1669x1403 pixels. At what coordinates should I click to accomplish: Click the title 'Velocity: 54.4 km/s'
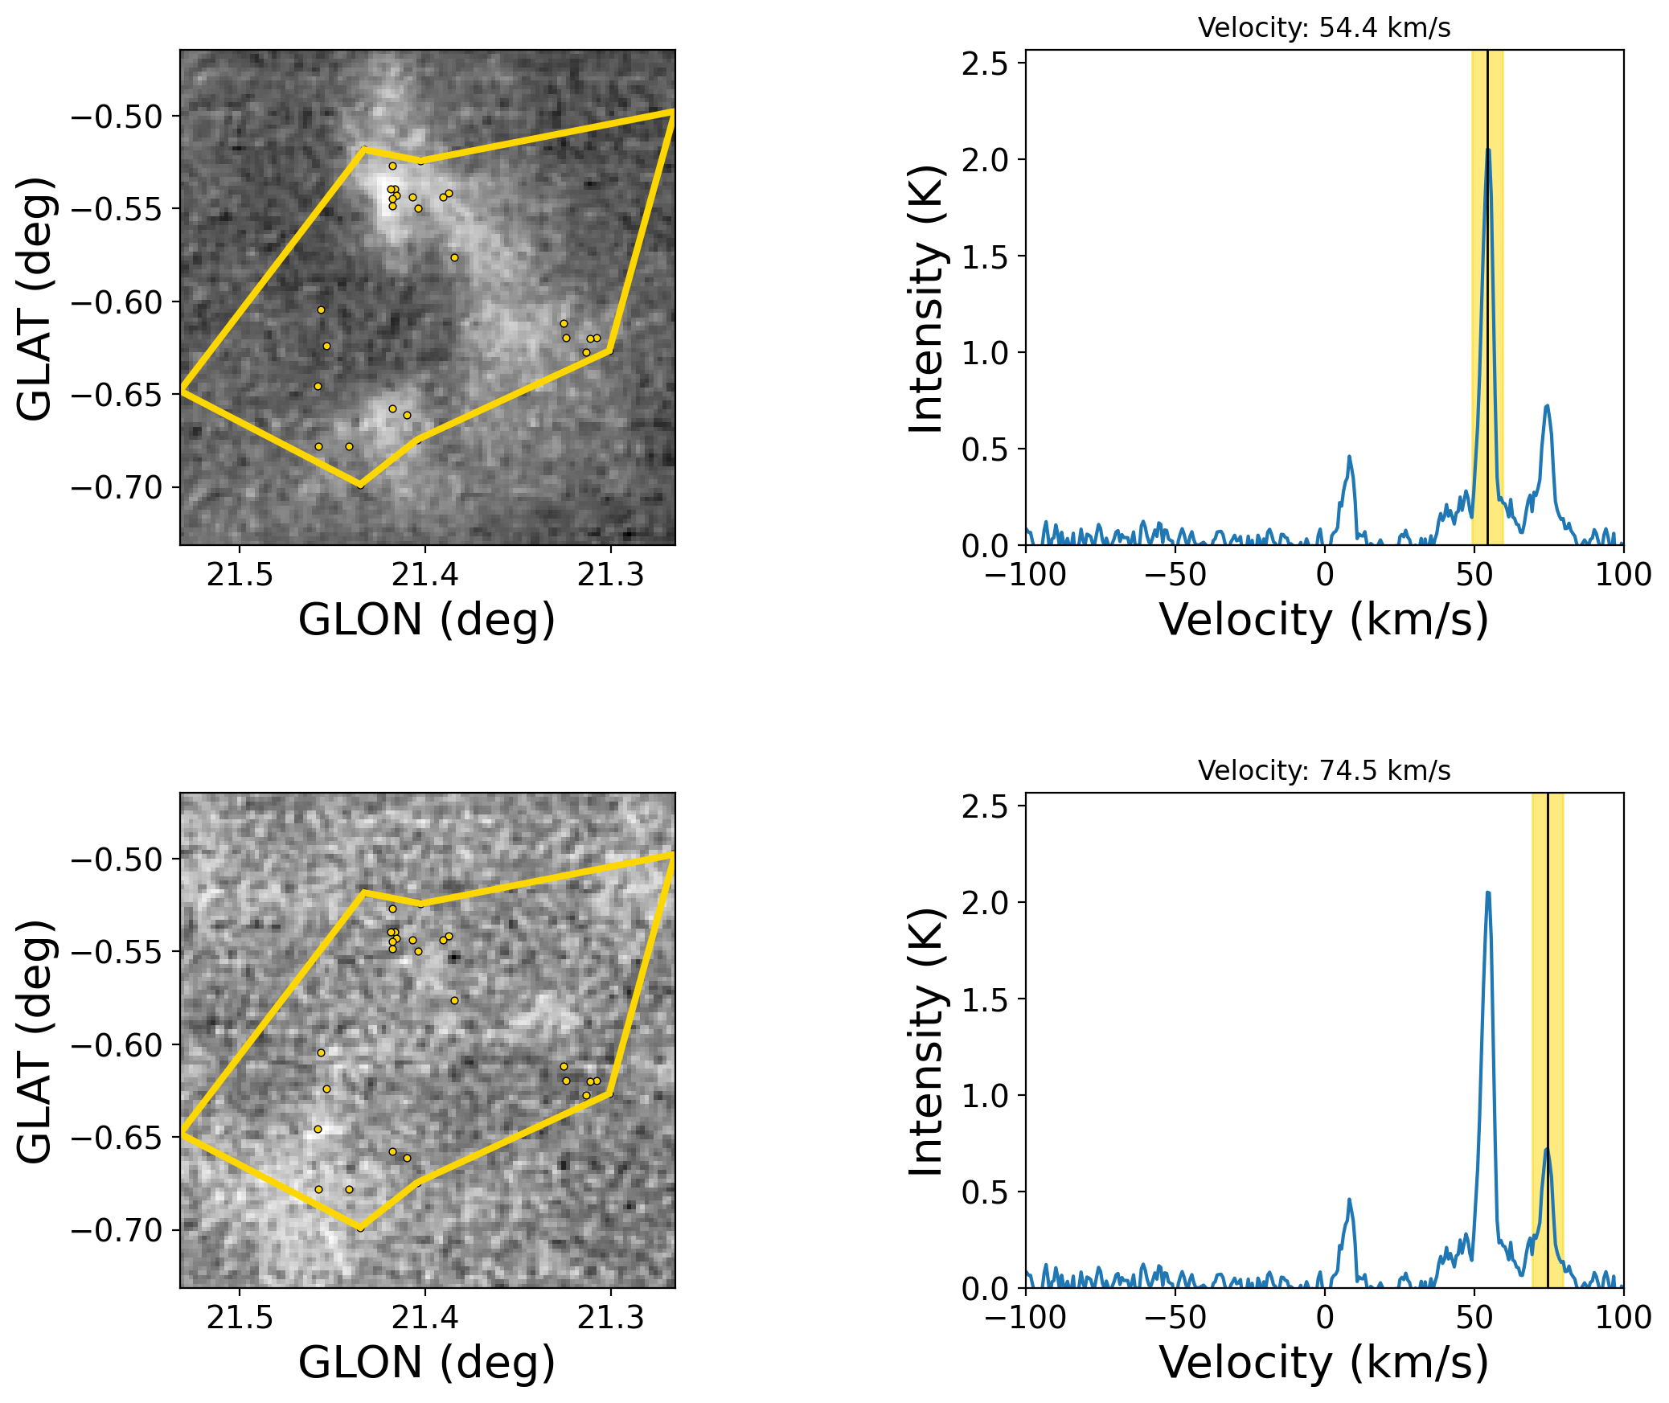[x=1324, y=28]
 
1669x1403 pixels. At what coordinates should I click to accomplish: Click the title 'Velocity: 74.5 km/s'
[x=1324, y=771]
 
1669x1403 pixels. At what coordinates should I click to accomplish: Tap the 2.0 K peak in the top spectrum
[x=1488, y=150]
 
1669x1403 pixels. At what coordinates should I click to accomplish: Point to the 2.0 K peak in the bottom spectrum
[x=1488, y=893]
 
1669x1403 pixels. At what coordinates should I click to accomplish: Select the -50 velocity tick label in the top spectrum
[x=1175, y=575]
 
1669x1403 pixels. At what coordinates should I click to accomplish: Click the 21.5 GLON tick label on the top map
[x=240, y=575]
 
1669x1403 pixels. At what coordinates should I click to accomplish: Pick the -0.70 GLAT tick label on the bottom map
[x=117, y=1230]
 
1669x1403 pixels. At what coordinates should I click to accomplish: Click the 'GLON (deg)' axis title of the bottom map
[x=427, y=1363]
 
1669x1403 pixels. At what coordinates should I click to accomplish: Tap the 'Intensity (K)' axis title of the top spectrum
[x=925, y=299]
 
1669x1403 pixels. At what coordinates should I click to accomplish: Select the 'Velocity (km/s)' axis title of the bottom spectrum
[x=1324, y=1363]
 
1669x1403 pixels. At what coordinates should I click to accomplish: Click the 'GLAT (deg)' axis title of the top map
[x=35, y=299]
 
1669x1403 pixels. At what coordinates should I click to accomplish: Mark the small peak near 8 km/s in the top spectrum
[x=1349, y=457]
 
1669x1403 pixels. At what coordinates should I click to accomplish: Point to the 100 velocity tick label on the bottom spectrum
[x=1623, y=1318]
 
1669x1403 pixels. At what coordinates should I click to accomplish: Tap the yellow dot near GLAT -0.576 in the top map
[x=454, y=258]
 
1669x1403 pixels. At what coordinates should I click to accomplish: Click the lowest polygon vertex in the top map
[x=361, y=486]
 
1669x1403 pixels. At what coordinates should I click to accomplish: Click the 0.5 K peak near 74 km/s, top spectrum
[x=1547, y=407]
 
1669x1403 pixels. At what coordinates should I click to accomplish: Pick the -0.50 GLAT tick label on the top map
[x=117, y=117]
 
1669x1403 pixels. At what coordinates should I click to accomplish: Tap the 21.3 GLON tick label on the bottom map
[x=611, y=1318]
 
